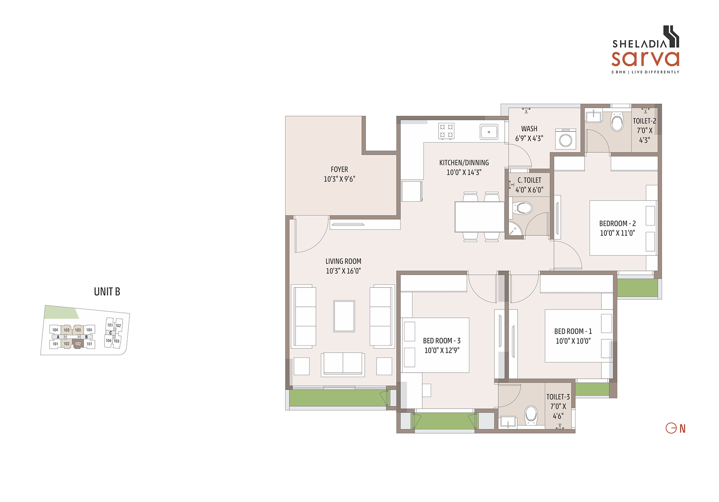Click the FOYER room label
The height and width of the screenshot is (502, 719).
pos(339,169)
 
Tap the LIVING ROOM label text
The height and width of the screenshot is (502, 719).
pos(343,261)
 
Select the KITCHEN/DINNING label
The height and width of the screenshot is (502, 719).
pos(464,163)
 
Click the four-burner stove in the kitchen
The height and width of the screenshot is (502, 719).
pos(446,131)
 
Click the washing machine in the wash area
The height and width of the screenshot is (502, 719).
pos(566,139)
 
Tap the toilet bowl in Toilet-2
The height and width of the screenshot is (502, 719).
pos(617,121)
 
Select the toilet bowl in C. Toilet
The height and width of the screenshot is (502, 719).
pos(523,208)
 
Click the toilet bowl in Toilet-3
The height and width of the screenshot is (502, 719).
pos(531,415)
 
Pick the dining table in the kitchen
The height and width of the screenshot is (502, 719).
pos(479,217)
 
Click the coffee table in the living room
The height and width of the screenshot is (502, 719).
pos(344,316)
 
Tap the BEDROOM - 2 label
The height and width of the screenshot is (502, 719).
pos(618,224)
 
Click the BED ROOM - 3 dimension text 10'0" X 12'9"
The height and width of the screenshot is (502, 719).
pos(442,350)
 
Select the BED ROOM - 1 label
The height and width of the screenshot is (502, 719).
pos(573,331)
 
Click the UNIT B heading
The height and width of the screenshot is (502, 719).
pos(107,292)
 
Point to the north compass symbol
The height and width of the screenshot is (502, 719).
pos(676,428)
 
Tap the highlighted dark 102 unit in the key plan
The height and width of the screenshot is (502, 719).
pos(78,343)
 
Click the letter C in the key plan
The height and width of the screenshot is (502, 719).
pos(110,333)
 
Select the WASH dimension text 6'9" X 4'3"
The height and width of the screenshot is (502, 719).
pos(529,138)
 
